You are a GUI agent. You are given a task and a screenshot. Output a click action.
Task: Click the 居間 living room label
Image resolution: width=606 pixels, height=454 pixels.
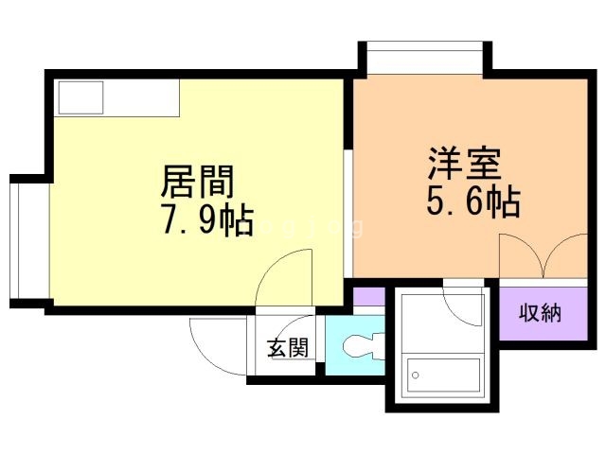(x=197, y=182)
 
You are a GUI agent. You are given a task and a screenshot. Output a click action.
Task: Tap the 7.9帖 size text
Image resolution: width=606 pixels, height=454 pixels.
(x=208, y=221)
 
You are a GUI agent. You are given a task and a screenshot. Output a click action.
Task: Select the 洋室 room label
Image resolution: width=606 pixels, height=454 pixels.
(x=465, y=164)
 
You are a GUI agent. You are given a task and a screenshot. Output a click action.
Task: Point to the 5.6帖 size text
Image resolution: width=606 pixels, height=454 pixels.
(x=473, y=201)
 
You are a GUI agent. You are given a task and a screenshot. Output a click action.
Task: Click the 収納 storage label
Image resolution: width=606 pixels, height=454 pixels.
(x=540, y=312)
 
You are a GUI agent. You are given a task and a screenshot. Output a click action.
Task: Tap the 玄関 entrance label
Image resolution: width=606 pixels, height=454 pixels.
(x=288, y=348)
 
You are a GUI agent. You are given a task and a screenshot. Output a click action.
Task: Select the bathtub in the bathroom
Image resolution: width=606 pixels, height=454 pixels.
(x=443, y=375)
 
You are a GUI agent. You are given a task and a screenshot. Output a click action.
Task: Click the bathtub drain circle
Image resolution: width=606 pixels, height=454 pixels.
(x=416, y=375)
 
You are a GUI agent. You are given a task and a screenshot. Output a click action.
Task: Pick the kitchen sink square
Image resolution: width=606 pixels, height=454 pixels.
(x=80, y=97)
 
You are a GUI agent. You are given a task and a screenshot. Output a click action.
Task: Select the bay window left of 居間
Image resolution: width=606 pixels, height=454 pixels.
(x=29, y=240)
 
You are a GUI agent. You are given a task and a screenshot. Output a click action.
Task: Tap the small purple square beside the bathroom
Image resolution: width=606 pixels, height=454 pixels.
(x=369, y=296)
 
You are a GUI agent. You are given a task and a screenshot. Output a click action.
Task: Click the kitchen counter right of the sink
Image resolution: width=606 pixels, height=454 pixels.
(x=141, y=97)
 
